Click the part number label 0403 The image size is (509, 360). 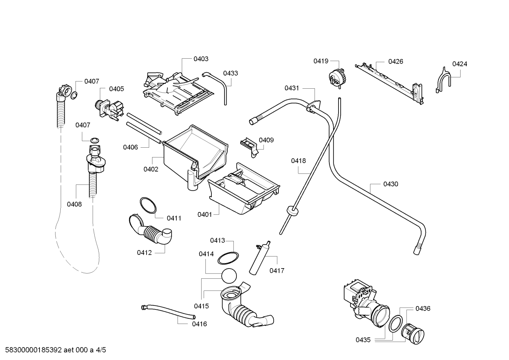click(x=201, y=59)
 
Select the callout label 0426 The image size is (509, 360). click(x=396, y=61)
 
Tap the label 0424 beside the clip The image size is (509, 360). click(x=460, y=64)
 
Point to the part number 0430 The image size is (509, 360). click(x=391, y=184)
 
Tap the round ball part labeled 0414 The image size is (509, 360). click(x=229, y=276)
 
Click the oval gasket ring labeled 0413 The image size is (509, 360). click(x=228, y=258)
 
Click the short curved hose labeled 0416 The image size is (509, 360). click(x=168, y=311)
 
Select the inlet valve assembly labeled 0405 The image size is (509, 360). click(x=109, y=110)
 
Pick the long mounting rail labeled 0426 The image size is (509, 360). click(x=389, y=84)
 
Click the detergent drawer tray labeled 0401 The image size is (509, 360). click(x=244, y=189)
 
